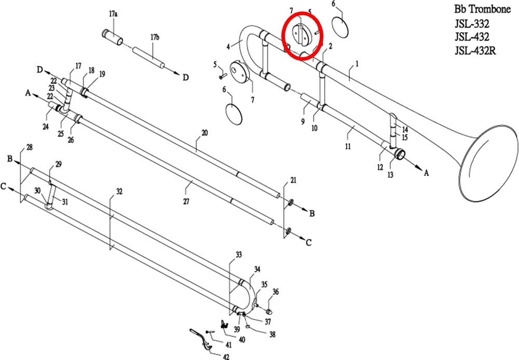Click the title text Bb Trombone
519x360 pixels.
pos(482,9)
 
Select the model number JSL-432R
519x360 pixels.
pos(475,51)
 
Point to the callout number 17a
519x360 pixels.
pos(113,14)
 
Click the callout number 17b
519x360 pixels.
pos(155,37)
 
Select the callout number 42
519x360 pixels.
pos(226,356)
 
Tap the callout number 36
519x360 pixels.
pos(276,292)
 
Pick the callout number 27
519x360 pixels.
pos(186,201)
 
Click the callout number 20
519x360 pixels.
pos(204,133)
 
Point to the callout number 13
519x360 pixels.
pos(391,175)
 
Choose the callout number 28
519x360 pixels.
pos(30,147)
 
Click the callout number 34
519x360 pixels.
pos(257,269)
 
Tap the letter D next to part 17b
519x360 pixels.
pos(186,77)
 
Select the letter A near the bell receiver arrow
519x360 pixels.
pos(426,173)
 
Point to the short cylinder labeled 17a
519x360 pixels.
pos(112,36)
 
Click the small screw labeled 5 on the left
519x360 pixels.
pos(221,76)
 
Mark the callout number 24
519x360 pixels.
pos(46,127)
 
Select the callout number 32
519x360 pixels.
pos(119,191)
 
